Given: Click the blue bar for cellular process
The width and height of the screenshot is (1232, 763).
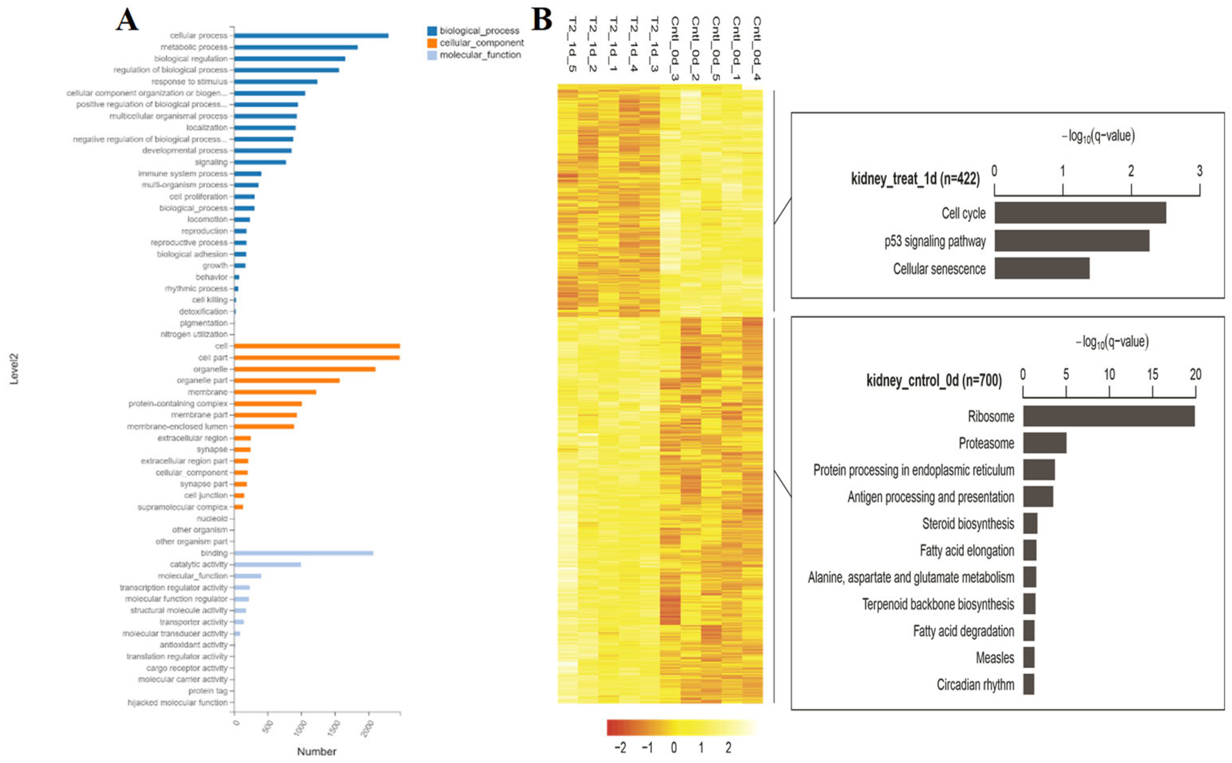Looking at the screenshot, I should point(311,35).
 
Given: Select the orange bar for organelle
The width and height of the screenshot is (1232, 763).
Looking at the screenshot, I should point(304,369).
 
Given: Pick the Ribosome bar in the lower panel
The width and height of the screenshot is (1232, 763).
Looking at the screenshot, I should point(1109,416).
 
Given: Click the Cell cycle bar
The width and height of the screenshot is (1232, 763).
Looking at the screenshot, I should point(1080,213).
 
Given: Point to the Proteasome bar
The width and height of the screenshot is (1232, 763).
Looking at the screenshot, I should point(1044,443).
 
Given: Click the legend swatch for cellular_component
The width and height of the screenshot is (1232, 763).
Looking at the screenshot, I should point(432,43).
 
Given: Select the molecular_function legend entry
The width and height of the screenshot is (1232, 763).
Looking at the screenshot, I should point(480,55).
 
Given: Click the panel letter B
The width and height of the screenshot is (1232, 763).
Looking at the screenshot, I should point(542,20).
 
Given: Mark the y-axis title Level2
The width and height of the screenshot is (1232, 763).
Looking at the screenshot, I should point(14,369).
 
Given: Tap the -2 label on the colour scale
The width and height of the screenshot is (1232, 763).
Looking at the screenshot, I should point(621,747).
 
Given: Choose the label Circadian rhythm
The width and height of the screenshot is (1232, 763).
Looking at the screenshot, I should point(975,684).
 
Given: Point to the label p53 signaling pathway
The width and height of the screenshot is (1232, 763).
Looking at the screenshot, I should point(935,241).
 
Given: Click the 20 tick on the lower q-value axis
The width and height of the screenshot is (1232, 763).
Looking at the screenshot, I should point(1195,374).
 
